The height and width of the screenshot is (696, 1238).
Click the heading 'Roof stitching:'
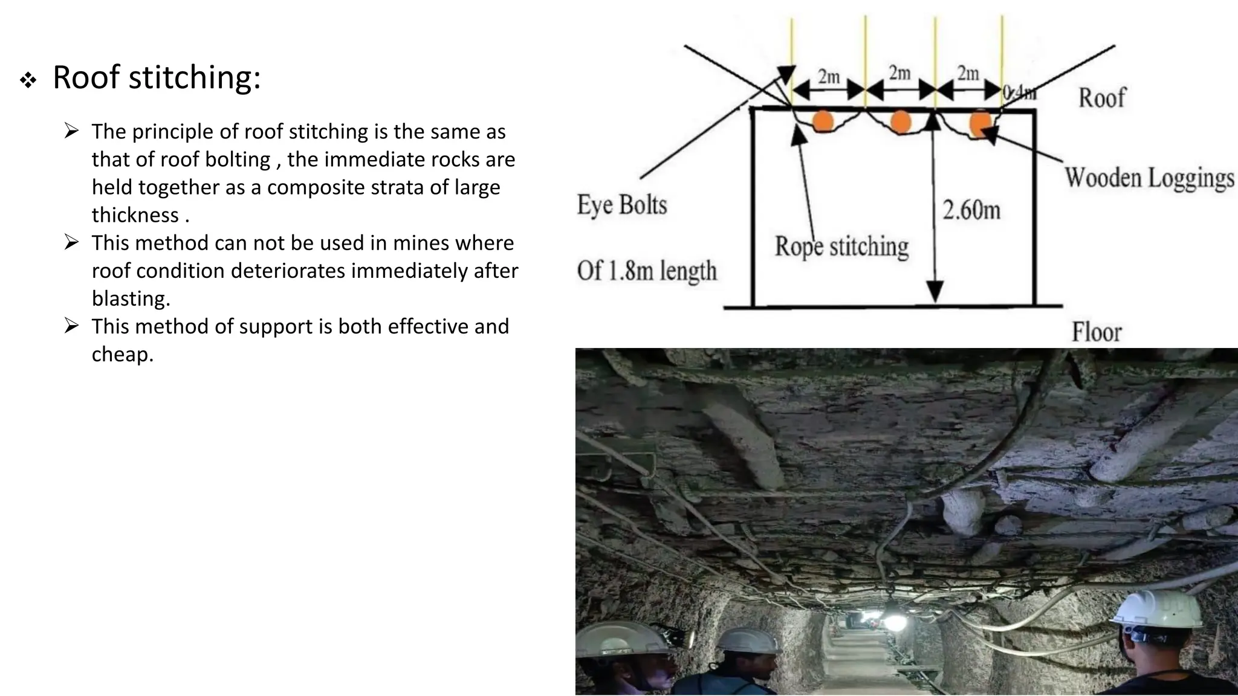[x=157, y=78]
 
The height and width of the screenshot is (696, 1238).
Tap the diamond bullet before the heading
[x=28, y=80]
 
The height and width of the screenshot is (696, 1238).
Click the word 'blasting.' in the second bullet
[x=131, y=298]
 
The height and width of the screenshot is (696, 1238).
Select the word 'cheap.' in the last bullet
[x=123, y=354]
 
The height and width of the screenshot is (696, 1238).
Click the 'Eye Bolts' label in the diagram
[x=622, y=205]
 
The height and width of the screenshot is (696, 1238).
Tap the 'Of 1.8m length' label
[x=647, y=270]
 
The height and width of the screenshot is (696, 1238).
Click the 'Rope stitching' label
[x=841, y=246]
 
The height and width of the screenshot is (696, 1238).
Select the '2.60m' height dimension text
[x=971, y=210]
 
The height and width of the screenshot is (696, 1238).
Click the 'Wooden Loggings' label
[x=1149, y=178]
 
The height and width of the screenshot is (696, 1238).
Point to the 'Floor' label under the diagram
[x=1097, y=332]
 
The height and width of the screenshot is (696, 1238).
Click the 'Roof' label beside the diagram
[x=1102, y=98]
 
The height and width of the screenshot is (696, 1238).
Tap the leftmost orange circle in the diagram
[x=823, y=121]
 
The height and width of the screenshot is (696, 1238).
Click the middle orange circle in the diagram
[x=901, y=121]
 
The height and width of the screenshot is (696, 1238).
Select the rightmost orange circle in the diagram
[x=980, y=123]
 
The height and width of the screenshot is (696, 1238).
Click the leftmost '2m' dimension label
[x=829, y=77]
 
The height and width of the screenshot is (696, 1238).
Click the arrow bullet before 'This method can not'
[x=71, y=243]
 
